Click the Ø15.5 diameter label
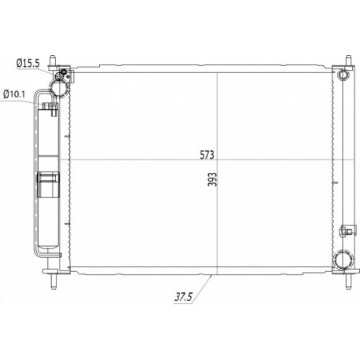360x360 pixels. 28,63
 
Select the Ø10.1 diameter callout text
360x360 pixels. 14,94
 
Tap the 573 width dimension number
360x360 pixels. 207,155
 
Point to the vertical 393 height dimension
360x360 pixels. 213,179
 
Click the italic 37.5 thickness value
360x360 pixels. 184,297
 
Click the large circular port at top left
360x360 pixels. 59,88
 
